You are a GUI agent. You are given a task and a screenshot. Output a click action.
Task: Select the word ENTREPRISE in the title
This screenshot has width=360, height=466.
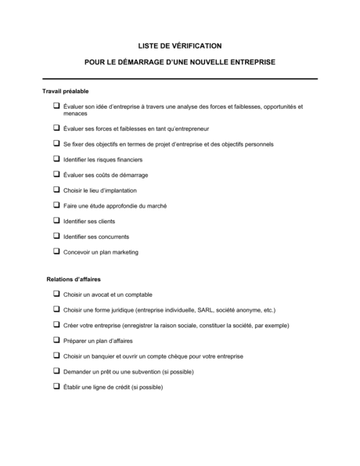coord(249,60)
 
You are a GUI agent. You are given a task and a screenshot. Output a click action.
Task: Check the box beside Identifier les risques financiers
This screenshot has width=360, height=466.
coord(56,157)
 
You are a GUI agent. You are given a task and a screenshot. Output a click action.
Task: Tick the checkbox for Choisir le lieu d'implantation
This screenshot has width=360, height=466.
coord(56,189)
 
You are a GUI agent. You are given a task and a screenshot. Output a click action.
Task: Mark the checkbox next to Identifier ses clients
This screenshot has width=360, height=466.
coord(56,220)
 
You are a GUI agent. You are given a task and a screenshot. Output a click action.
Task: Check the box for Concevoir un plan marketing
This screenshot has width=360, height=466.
coord(56,251)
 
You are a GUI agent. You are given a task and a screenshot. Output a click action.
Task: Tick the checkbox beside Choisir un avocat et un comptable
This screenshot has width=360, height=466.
coord(56,293)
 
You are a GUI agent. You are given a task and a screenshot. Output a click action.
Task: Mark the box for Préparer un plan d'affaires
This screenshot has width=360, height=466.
coord(56,340)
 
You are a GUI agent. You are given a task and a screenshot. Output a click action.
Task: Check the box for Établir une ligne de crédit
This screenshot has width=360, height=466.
coord(56,387)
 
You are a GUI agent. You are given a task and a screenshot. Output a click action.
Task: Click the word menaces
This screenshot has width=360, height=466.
coord(75,114)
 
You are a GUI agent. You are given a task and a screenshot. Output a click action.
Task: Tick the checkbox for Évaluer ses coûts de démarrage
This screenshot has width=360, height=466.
coord(56,173)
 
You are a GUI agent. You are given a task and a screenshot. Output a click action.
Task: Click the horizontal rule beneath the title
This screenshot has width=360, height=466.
coord(179,78)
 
